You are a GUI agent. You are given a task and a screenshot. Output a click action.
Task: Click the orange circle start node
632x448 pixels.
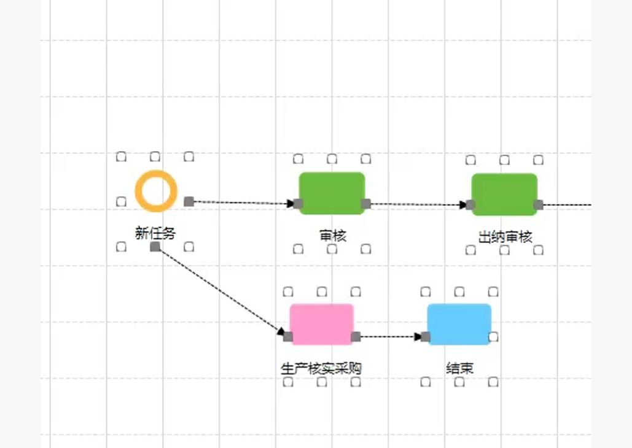(x=156, y=191)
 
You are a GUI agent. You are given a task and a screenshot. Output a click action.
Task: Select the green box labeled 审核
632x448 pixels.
(x=332, y=193)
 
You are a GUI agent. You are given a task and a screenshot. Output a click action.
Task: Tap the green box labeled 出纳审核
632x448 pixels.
(x=504, y=195)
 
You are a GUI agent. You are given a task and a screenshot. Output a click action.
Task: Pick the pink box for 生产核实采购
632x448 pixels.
(x=322, y=324)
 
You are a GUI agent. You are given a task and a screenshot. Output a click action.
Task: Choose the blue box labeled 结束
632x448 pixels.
(x=459, y=324)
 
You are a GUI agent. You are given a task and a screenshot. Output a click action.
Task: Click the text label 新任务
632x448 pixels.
(x=155, y=233)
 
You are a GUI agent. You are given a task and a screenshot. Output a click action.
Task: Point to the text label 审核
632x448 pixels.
(x=332, y=235)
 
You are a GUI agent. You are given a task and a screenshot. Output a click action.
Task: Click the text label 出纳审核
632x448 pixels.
(x=505, y=237)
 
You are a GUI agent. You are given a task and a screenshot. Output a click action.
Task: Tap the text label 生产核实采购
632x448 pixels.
(x=321, y=369)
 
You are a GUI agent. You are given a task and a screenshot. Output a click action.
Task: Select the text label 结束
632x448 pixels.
(x=459, y=369)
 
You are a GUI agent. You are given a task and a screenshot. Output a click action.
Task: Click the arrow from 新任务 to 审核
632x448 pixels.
(x=243, y=203)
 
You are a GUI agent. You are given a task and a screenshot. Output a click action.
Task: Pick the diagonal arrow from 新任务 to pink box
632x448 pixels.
(x=221, y=292)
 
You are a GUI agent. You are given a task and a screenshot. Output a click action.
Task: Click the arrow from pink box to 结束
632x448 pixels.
(x=388, y=336)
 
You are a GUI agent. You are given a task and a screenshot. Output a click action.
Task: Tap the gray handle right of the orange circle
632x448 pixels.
(x=189, y=201)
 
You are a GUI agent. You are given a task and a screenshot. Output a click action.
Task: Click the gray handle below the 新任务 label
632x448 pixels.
(x=155, y=247)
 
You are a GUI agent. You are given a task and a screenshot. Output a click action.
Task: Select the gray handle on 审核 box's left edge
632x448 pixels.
(x=298, y=204)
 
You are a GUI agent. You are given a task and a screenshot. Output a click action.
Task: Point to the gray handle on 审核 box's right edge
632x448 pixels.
(x=366, y=204)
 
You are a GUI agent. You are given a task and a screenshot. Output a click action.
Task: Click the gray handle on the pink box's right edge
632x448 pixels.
(x=356, y=336)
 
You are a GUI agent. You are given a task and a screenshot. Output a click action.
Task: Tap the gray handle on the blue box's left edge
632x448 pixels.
(x=426, y=336)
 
